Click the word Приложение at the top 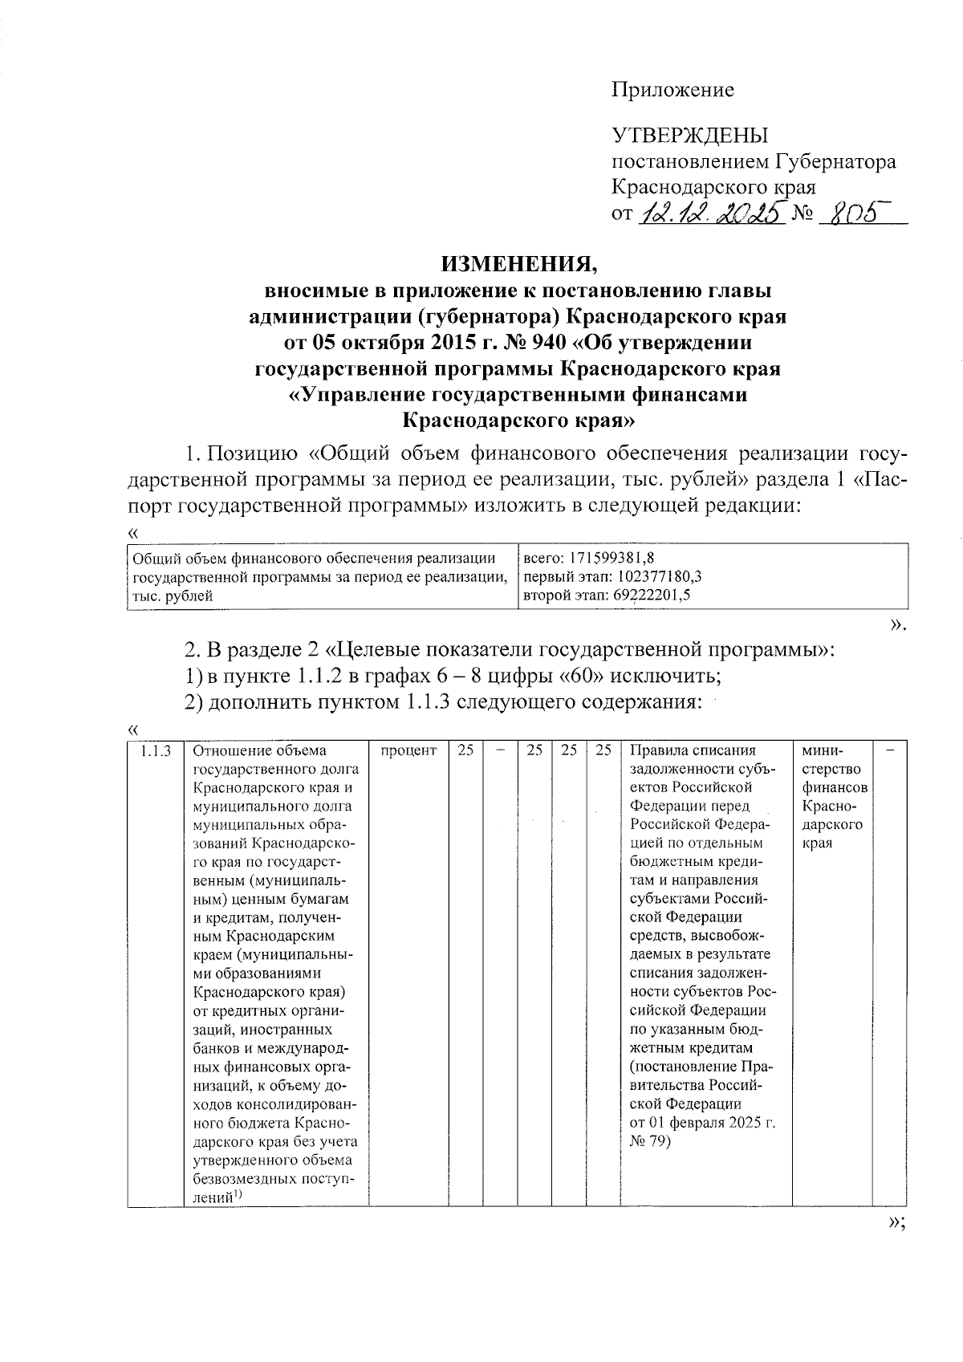672,90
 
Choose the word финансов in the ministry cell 833,788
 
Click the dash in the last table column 890,751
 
